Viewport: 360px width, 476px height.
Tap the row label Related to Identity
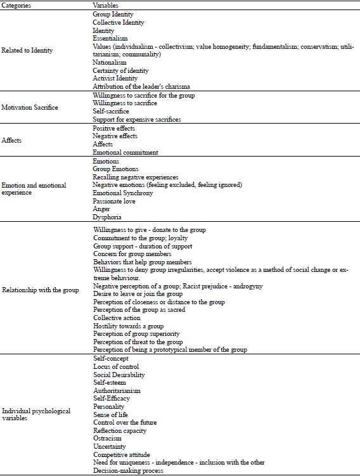point(27,50)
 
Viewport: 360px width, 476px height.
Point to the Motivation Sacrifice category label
point(30,107)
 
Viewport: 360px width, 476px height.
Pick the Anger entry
point(101,209)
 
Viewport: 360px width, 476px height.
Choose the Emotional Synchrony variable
point(123,193)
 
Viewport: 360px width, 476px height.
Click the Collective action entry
point(112,318)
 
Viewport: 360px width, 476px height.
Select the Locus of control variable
point(116,366)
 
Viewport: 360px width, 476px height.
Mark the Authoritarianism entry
point(117,390)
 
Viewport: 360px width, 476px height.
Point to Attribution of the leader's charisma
point(141,86)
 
